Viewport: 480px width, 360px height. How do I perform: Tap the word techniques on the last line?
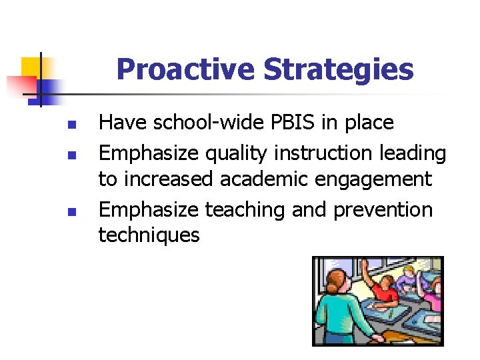pos(149,235)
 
